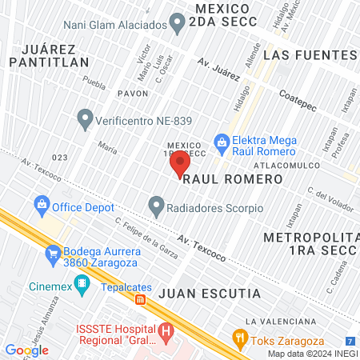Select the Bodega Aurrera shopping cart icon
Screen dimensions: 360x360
coord(54,253)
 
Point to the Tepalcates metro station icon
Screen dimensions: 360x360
coord(141,300)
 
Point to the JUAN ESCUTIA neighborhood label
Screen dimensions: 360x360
coord(210,294)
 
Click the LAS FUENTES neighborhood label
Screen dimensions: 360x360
coord(309,54)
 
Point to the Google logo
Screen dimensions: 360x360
coord(26,350)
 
